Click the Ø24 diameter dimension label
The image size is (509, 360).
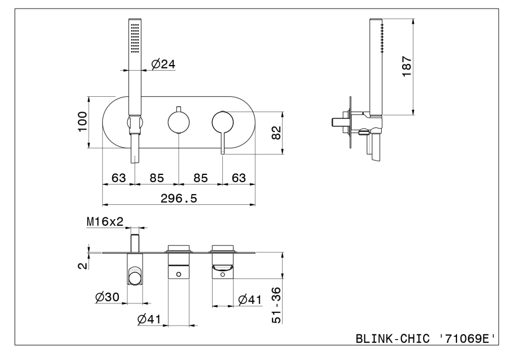click(163, 65)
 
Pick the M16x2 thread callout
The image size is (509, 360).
click(105, 222)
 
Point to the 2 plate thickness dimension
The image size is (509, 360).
click(83, 264)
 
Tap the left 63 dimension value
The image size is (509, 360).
click(118, 178)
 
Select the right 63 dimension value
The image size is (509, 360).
click(238, 178)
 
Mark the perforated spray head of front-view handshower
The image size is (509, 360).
click(135, 38)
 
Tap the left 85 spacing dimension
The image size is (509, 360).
click(157, 178)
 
